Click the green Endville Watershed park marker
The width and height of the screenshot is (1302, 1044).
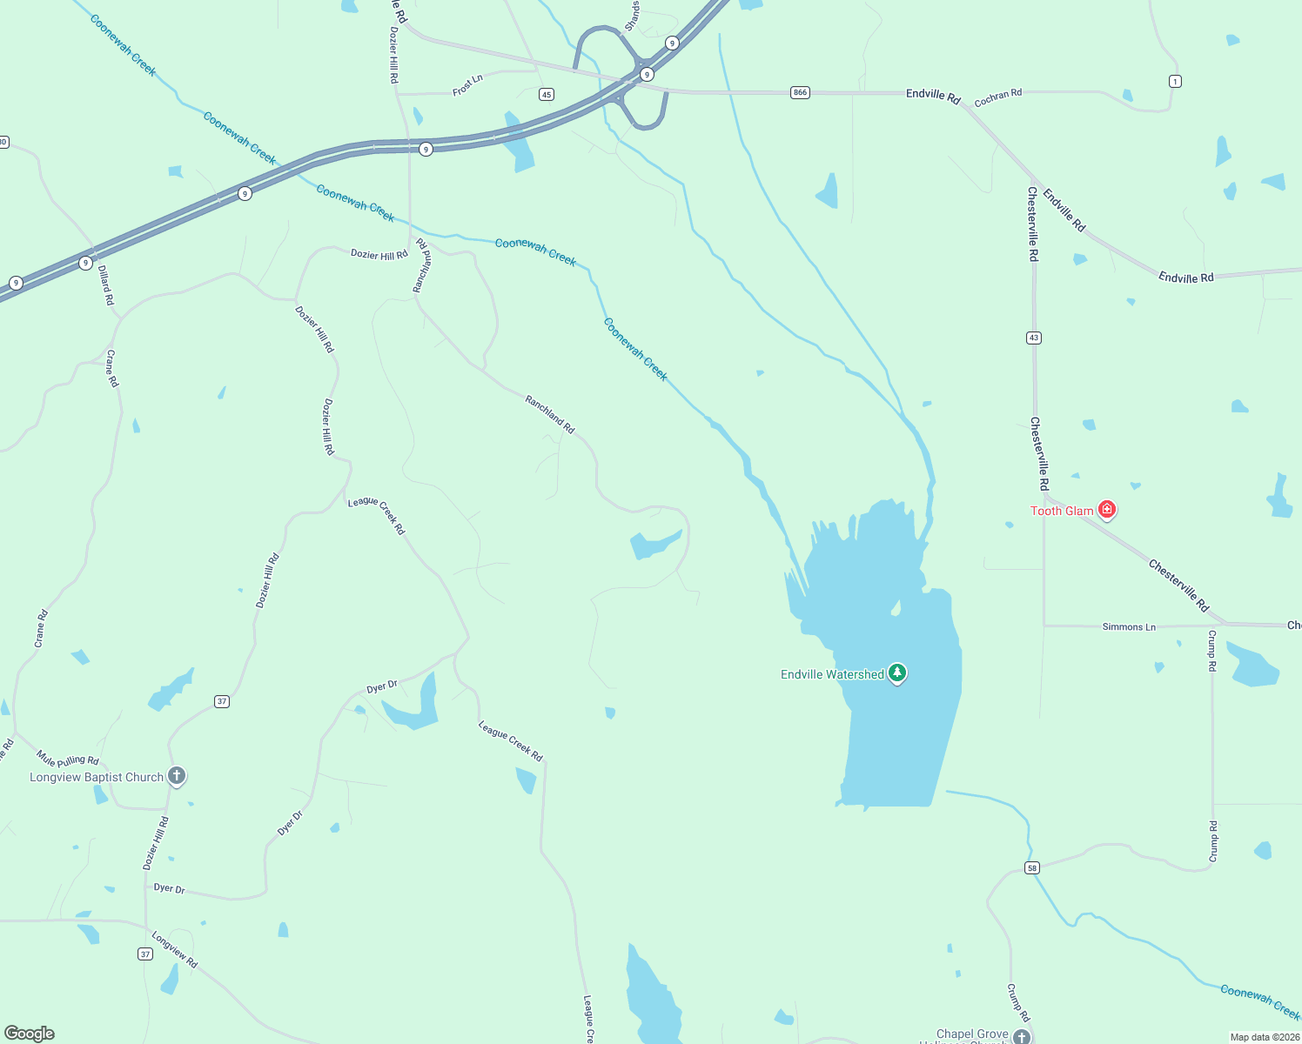[897, 673]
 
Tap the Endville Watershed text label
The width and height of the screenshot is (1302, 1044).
[832, 674]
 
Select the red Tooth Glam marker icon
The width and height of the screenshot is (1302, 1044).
[1106, 509]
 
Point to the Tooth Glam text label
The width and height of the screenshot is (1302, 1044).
[1061, 511]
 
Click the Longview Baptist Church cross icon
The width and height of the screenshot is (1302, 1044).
[177, 775]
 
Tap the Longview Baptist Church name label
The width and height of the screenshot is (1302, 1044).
[97, 777]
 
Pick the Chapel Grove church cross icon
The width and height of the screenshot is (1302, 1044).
[1021, 1036]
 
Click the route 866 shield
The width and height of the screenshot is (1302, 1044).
[800, 92]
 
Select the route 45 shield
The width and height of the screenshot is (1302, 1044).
[546, 94]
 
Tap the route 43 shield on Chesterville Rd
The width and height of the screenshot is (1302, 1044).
[1033, 338]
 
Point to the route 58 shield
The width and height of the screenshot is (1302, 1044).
[1031, 867]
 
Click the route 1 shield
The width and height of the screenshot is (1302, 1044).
[1175, 81]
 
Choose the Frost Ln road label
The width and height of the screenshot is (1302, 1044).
[467, 84]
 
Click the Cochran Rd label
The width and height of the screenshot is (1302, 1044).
[997, 97]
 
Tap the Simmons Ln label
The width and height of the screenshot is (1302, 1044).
[1129, 626]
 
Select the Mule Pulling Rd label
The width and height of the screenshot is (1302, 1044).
[68, 760]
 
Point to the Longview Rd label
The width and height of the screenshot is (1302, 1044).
[175, 949]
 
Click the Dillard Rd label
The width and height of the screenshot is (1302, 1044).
[105, 284]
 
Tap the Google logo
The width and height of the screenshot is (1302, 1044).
[30, 1034]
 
